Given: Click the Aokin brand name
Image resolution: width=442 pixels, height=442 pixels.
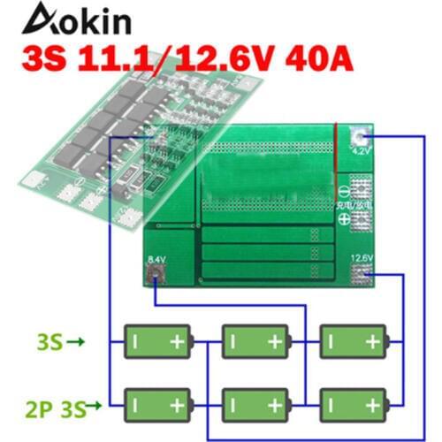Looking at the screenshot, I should tap(78, 19).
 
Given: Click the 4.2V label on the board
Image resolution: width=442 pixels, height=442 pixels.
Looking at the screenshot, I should tap(362, 152).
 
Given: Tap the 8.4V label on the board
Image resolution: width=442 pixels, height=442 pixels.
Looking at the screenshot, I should tap(156, 258).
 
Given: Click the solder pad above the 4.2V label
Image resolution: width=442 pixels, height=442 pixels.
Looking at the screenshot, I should tap(362, 137).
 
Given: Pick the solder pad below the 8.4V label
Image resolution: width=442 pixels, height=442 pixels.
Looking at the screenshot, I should tap(156, 273).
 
